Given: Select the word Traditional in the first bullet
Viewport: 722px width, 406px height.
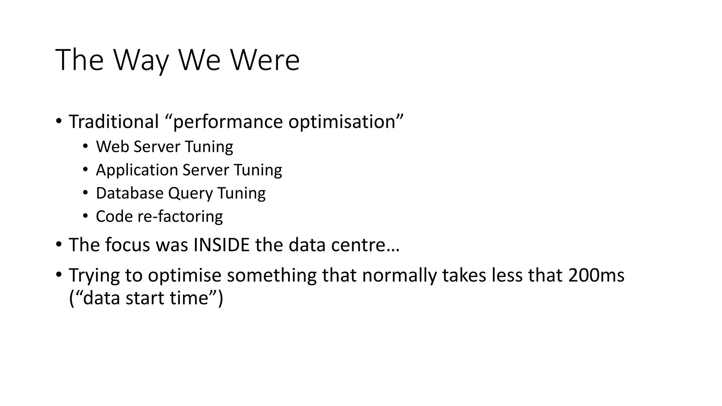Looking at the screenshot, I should coord(114,122).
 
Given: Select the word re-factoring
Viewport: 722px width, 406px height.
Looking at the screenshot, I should coord(180,216).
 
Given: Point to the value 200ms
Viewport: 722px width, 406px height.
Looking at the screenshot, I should coord(596,275).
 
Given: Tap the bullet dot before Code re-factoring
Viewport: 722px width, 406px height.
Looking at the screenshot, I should coord(85,216).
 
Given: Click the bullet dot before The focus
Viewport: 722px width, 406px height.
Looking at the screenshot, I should coord(59,244).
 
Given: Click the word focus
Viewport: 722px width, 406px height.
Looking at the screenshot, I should coord(128,245).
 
